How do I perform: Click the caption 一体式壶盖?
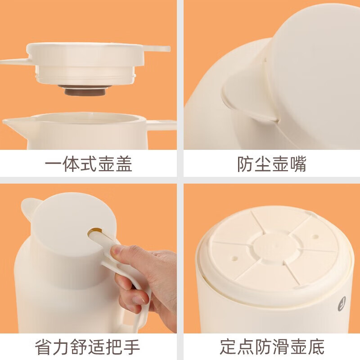pos(88,164)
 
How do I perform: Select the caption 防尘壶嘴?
pos(271,164)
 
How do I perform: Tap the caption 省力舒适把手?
pos(88,347)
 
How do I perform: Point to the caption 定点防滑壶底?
pos(272,347)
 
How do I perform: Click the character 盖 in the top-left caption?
pos(123,164)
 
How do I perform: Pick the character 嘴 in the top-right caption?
pos(297,164)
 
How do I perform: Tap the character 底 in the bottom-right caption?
pos(315,347)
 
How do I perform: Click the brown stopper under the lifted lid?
pos(85,91)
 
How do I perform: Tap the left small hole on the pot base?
pos(234,258)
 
